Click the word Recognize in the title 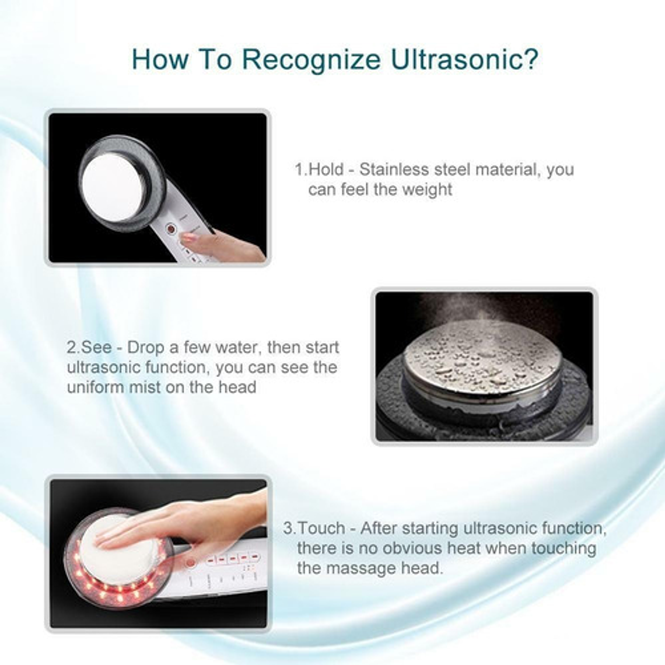[311, 60]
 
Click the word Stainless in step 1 [394, 169]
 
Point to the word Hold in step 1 [325, 169]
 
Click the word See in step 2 [96, 347]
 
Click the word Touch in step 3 [321, 528]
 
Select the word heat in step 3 [464, 548]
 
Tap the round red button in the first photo [170, 229]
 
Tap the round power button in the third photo [190, 563]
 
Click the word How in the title [160, 60]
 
